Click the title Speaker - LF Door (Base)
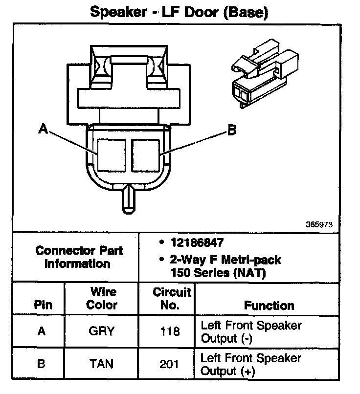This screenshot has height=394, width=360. click(x=179, y=12)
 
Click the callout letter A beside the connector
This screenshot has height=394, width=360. click(x=44, y=129)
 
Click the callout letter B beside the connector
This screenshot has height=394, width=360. click(x=232, y=130)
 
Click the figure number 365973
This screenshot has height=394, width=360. click(x=319, y=225)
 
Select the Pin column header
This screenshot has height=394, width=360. click(x=43, y=305)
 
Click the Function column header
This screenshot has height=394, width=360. click(x=269, y=306)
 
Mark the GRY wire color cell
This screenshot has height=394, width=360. click(x=101, y=331)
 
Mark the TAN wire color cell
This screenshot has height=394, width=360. click(x=101, y=364)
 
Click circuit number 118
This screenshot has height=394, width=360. click(x=170, y=331)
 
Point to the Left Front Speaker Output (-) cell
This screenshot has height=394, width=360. click(x=251, y=331)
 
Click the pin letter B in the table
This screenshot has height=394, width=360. click(x=42, y=364)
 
